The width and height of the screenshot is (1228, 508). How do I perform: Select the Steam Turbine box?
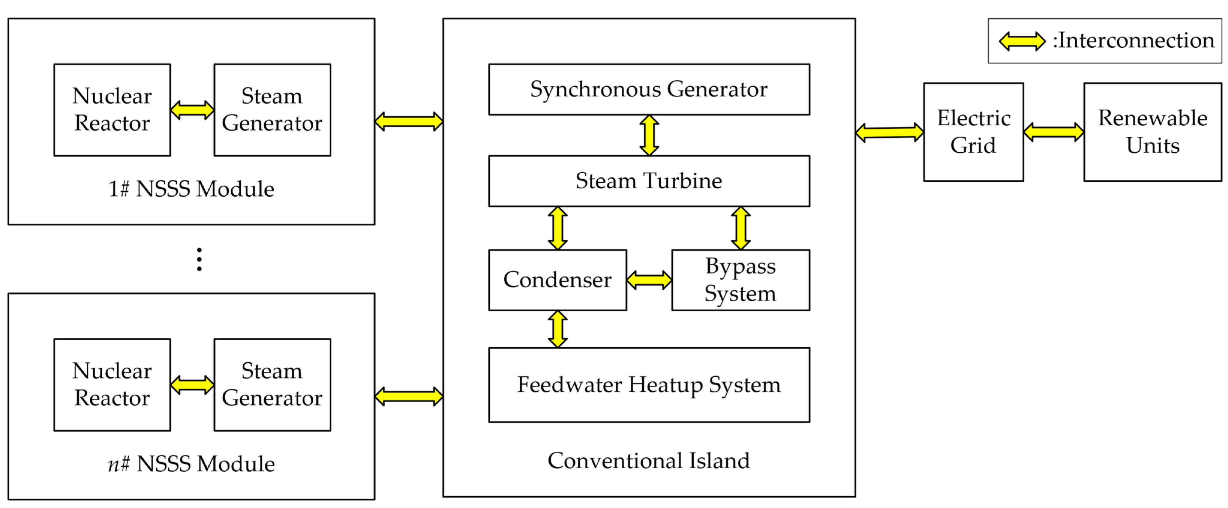tap(649, 181)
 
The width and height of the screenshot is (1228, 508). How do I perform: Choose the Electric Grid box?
tap(973, 132)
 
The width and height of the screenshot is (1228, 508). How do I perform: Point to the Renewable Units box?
tap(1153, 132)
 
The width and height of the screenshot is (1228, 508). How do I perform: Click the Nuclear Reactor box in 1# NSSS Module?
tap(112, 110)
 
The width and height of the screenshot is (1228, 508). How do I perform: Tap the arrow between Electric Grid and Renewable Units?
tap(1053, 132)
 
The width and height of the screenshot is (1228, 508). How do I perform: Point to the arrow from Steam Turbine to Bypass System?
tap(741, 228)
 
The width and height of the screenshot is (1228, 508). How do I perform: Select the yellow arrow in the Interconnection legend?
tap(1022, 41)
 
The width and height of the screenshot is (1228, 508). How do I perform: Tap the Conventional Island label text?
tap(649, 460)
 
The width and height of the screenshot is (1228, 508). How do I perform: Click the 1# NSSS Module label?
tap(191, 189)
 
